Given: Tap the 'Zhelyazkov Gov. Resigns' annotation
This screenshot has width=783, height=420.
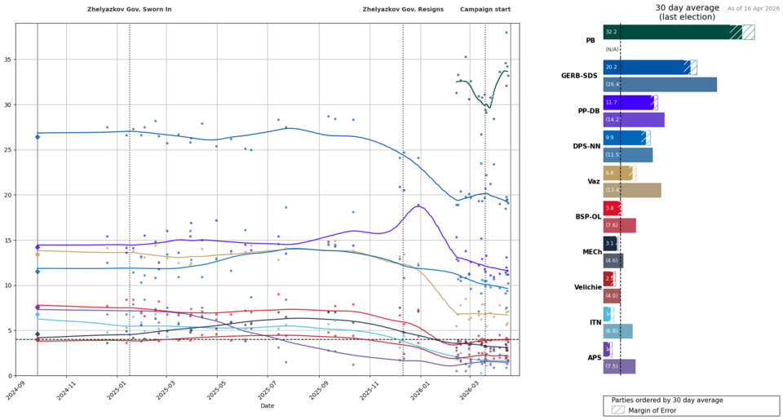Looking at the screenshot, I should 403,9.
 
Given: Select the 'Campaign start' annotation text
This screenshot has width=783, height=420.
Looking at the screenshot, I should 485,9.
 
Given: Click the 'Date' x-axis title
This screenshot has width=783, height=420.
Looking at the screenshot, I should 268,405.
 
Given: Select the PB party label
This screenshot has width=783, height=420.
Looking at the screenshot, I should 590,40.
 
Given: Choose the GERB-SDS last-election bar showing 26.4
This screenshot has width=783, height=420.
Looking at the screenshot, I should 660,84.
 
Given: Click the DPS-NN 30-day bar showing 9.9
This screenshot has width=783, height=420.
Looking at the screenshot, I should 622,138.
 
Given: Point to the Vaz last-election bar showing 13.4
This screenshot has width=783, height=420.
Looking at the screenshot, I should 632,190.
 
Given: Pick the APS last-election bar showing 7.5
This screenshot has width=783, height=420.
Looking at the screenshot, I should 619,366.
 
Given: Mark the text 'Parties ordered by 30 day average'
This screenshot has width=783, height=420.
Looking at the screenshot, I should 691,400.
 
